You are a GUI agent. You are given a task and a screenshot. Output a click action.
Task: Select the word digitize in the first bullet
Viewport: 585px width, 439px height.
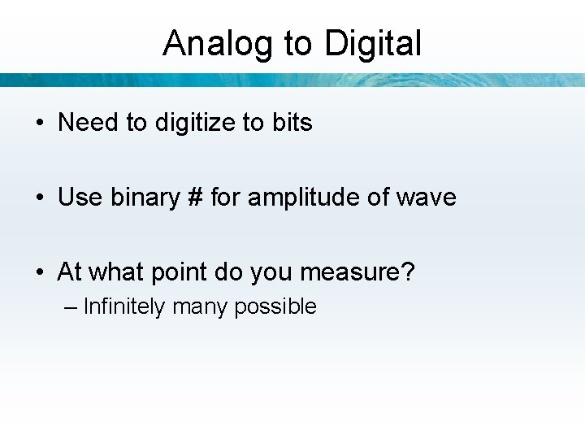point(195,123)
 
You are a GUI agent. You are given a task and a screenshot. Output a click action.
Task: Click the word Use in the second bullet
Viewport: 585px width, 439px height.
point(78,198)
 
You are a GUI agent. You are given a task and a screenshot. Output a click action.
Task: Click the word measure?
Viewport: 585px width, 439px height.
point(357,272)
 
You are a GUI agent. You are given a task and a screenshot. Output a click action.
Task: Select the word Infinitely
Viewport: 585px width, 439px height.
point(124,307)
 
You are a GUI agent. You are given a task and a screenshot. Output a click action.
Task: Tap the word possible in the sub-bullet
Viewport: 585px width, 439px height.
point(275,307)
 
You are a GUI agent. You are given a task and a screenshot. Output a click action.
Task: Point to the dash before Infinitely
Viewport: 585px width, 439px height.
point(71,307)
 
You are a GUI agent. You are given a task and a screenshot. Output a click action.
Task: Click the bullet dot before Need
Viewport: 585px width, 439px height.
point(40,124)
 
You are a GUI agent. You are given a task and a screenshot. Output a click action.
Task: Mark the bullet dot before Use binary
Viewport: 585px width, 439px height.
point(40,198)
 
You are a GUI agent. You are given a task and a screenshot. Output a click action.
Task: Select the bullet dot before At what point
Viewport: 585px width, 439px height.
point(40,273)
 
